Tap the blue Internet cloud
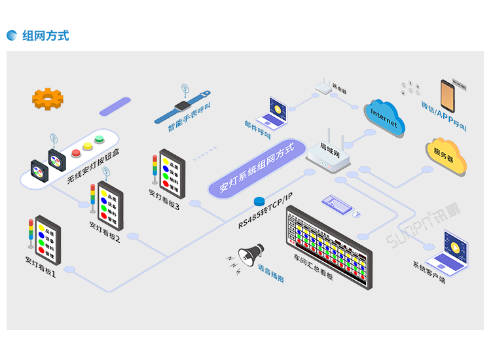pyautogui.click(x=385, y=118)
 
